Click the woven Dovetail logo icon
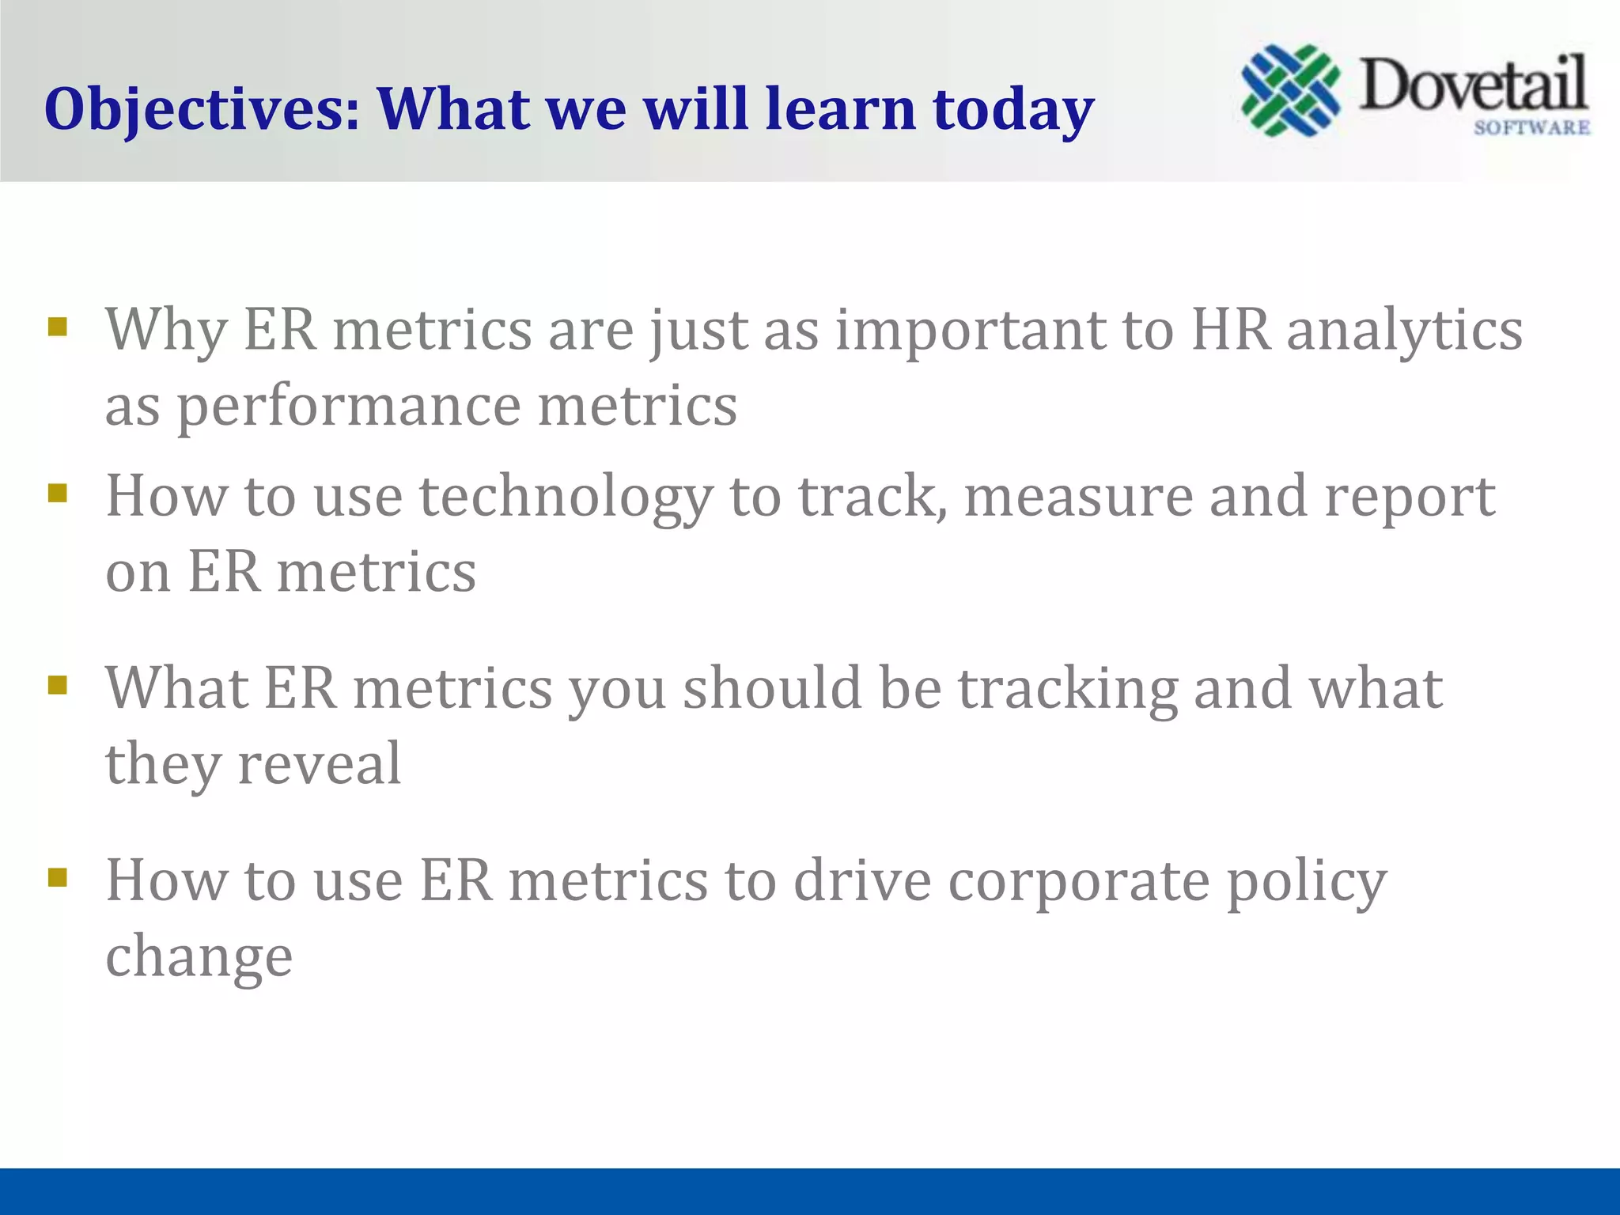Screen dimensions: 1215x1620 (1290, 90)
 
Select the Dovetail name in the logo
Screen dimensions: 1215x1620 (1473, 85)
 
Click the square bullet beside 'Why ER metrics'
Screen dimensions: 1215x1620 (57, 327)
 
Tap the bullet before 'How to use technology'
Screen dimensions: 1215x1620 (57, 494)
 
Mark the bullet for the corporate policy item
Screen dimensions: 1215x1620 (57, 876)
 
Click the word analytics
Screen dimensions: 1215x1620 (1404, 331)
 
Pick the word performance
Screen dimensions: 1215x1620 (348, 407)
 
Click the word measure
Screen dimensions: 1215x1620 (1077, 497)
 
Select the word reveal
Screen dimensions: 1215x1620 (320, 764)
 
